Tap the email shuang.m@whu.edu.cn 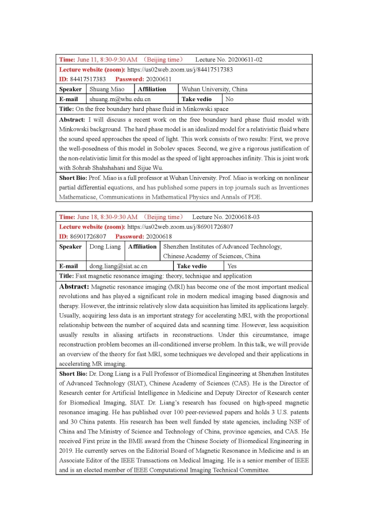click(x=119, y=99)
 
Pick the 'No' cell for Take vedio click(x=229, y=99)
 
